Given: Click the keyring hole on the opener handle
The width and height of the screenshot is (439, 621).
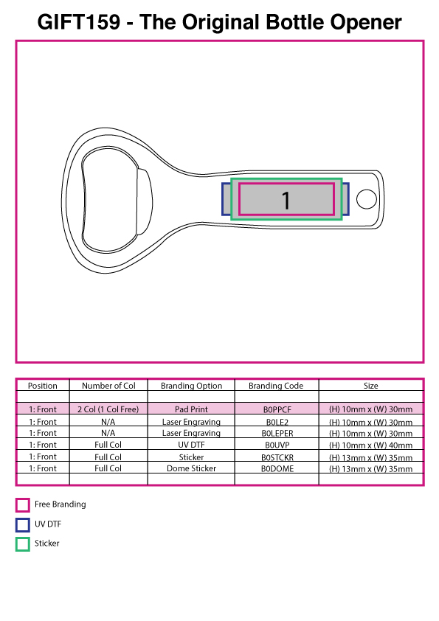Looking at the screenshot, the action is (367, 199).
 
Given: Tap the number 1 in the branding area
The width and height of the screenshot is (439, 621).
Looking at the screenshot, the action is (286, 201).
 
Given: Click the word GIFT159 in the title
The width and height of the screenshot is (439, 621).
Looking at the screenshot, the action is (78, 22).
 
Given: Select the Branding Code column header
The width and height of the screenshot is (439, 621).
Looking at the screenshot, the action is (276, 386).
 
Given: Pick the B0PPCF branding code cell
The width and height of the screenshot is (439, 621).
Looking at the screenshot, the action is (277, 409).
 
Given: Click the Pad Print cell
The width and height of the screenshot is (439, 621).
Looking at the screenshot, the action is (191, 409).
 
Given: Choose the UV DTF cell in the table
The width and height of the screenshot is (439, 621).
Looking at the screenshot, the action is (191, 445).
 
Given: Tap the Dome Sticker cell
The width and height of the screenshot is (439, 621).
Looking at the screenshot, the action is (191, 468).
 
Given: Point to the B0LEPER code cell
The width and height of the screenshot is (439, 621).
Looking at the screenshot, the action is (277, 433).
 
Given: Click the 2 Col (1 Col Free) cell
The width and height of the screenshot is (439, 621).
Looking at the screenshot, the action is (108, 409).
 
